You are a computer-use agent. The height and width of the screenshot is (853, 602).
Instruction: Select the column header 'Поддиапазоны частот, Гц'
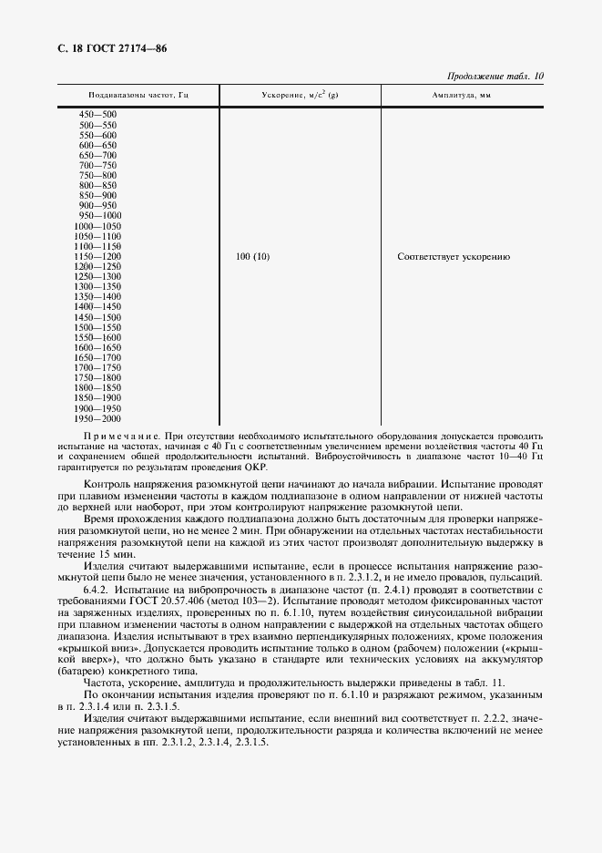[138, 95]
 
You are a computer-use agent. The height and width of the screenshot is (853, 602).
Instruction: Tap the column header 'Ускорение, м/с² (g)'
[300, 95]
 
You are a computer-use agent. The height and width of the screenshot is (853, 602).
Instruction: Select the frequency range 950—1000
[100, 215]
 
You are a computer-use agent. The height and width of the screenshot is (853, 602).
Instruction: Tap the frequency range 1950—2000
[97, 418]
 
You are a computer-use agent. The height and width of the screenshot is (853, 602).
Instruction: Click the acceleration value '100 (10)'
[252, 257]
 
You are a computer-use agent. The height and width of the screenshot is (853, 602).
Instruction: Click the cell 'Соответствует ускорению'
[454, 257]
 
